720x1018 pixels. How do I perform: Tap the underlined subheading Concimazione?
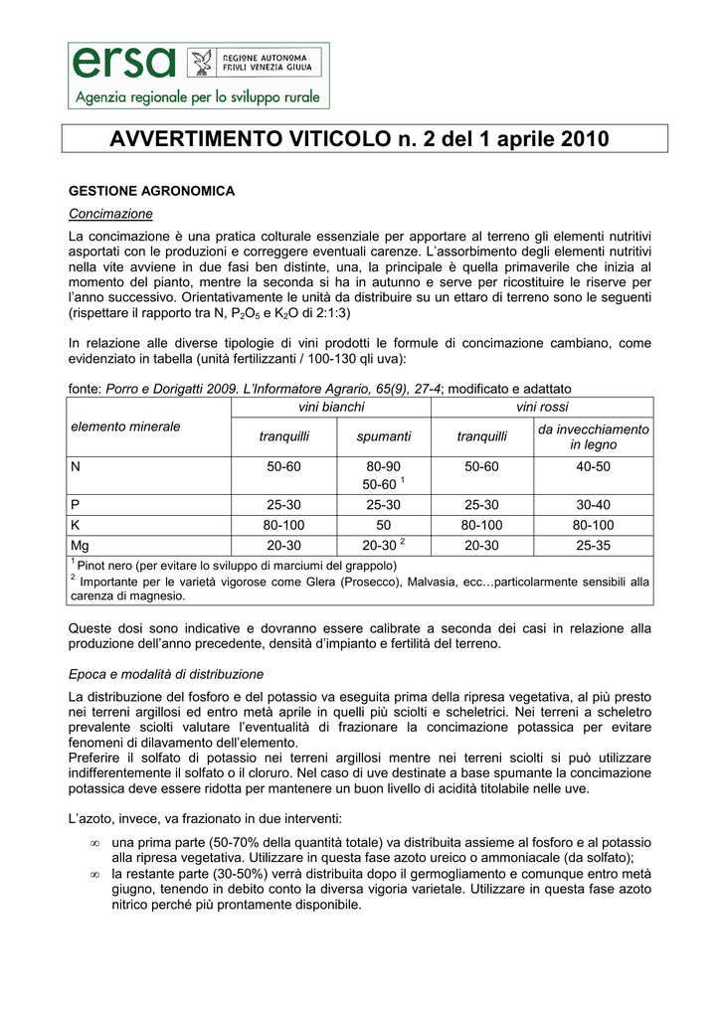click(x=110, y=214)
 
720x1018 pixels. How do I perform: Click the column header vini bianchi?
click(x=331, y=407)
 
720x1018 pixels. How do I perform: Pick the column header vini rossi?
click(x=542, y=407)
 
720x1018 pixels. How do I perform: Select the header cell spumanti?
click(x=384, y=436)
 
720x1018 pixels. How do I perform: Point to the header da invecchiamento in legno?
click(x=593, y=436)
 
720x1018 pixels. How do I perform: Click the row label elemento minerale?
click(x=125, y=426)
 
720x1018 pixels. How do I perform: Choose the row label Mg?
click(x=80, y=545)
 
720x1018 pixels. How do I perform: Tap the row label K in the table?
click(x=75, y=525)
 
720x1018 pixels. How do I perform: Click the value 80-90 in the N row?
click(x=384, y=465)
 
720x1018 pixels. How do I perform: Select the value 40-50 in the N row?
click(x=593, y=465)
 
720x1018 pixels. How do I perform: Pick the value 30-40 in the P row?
click(x=593, y=505)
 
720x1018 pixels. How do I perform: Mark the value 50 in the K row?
click(x=384, y=525)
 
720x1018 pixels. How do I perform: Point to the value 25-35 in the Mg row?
click(x=593, y=545)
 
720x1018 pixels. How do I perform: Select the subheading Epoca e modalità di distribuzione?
click(x=166, y=674)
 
